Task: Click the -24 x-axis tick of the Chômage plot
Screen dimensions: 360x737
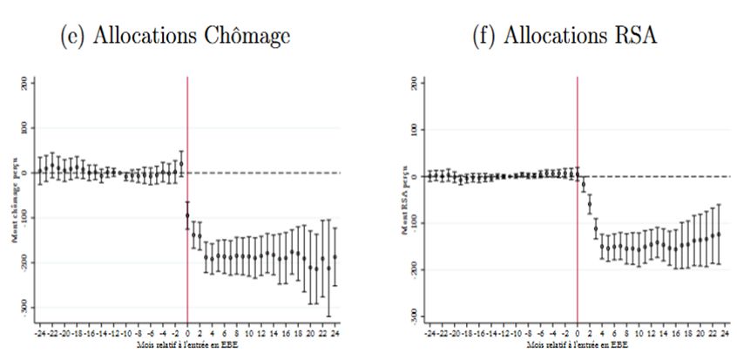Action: click(38, 333)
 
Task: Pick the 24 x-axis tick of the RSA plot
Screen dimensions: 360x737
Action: click(724, 333)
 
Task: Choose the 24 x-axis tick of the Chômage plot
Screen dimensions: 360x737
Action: click(335, 333)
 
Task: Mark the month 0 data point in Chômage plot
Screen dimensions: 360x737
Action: click(187, 215)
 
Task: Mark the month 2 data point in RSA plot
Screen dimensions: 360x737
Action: click(590, 206)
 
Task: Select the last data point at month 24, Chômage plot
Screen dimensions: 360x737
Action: click(335, 256)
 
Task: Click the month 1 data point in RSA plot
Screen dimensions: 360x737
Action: click(584, 184)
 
